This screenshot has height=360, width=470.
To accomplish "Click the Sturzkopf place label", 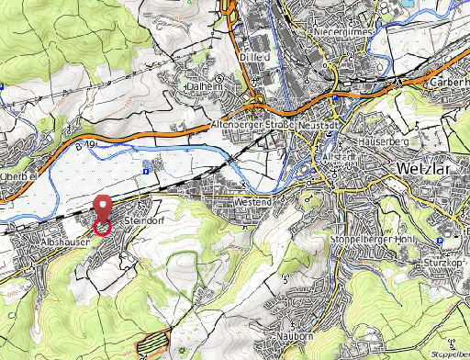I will (442, 263).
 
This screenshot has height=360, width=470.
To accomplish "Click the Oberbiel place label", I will (18, 177).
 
